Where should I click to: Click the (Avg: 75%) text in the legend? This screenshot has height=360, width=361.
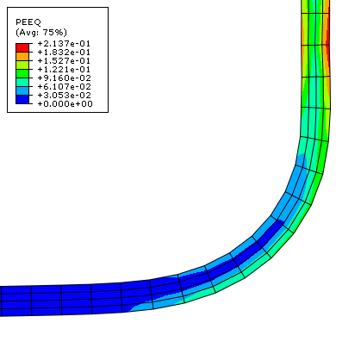pyautogui.click(x=41, y=32)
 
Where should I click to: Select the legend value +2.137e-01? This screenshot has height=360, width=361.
pyautogui.click(x=64, y=44)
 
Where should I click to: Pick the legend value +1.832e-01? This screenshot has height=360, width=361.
pyautogui.click(x=64, y=53)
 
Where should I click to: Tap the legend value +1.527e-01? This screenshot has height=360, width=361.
pyautogui.click(x=64, y=61)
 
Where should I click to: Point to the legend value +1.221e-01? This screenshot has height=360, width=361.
pyautogui.click(x=64, y=70)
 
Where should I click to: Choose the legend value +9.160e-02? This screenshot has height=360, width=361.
pyautogui.click(x=65, y=78)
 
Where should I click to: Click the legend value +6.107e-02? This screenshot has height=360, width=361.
pyautogui.click(x=65, y=87)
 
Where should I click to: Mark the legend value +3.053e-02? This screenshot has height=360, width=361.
pyautogui.click(x=65, y=96)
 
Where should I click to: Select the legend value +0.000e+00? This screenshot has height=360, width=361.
pyautogui.click(x=65, y=104)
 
